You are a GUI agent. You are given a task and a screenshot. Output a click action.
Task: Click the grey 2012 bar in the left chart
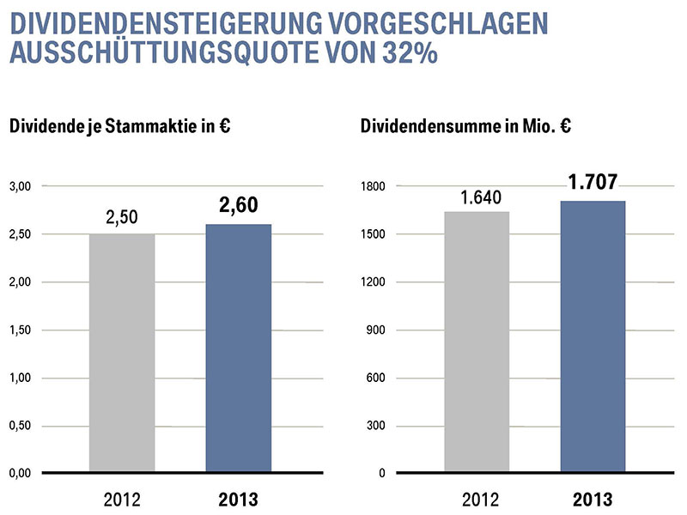122,353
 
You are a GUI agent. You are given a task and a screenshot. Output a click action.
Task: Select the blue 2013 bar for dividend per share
238,348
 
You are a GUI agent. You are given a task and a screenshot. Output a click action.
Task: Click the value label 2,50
122,218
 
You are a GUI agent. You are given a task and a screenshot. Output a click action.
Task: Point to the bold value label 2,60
238,206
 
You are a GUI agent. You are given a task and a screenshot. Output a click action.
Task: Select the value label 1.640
477,197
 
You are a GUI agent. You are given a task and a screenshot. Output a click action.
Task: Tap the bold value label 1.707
593,183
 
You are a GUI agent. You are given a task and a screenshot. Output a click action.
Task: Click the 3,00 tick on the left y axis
20,186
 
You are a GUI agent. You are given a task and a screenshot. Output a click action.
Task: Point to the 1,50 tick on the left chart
20,330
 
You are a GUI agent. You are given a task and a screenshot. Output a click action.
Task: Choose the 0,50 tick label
20,426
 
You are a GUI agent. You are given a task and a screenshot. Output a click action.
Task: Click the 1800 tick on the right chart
372,186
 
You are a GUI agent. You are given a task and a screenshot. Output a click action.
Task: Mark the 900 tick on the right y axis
375,330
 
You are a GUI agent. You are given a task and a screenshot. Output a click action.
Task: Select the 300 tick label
375,426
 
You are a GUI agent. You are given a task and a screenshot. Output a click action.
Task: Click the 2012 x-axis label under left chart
122,499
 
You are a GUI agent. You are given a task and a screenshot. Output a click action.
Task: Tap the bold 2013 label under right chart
593,499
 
